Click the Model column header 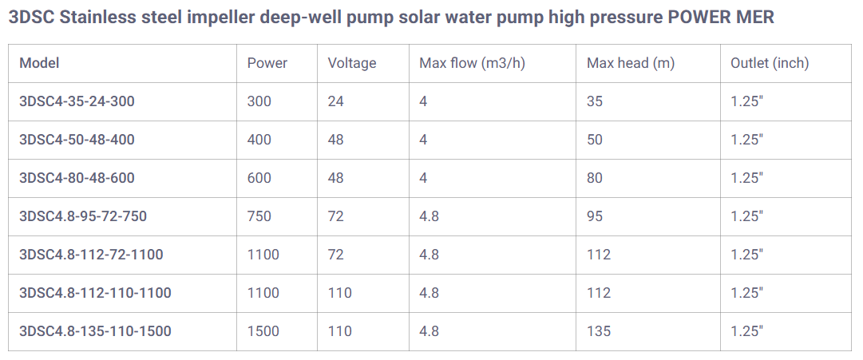(x=39, y=63)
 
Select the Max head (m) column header (x=631, y=63)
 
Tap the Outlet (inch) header (x=770, y=63)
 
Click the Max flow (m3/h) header (x=472, y=63)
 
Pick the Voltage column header (x=351, y=63)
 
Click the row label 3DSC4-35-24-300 (x=77, y=101)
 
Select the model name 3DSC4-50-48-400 (x=77, y=140)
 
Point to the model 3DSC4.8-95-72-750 (x=83, y=216)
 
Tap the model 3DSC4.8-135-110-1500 (x=95, y=331)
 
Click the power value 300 (x=259, y=101)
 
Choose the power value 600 (x=259, y=178)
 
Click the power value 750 (x=259, y=216)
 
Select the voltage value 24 (x=335, y=101)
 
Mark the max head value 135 (x=599, y=331)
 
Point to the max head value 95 (x=595, y=216)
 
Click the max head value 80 (x=595, y=178)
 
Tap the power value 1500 (x=263, y=331)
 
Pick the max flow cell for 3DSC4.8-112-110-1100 (x=430, y=293)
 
